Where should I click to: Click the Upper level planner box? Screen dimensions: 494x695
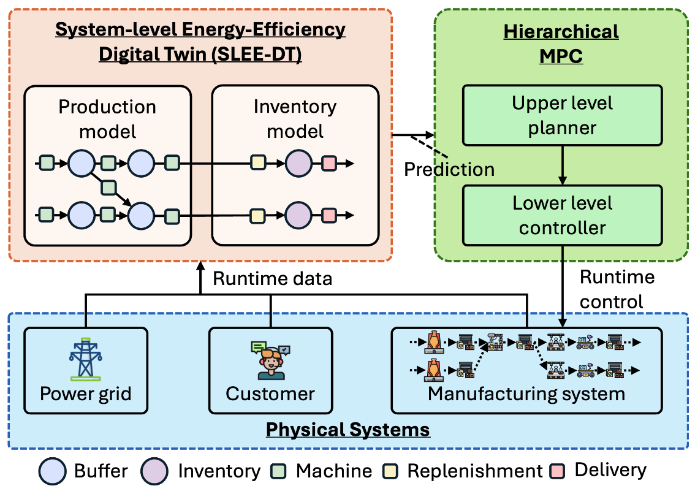pyautogui.click(x=562, y=115)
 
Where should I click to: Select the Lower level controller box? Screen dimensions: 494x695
pyautogui.click(x=562, y=215)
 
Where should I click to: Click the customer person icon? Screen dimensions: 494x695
pyautogui.click(x=270, y=361)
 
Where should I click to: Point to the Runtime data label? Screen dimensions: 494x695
pyautogui.click(x=272, y=279)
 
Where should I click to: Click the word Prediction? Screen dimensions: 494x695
pyautogui.click(x=449, y=169)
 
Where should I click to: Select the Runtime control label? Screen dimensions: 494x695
pyautogui.click(x=617, y=289)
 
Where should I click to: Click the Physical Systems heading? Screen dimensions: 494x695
pyautogui.click(x=347, y=429)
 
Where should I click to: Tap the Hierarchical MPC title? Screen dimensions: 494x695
pyautogui.click(x=561, y=44)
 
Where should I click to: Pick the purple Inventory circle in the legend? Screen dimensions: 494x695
pyautogui.click(x=156, y=471)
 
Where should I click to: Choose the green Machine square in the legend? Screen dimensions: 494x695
pyautogui.click(x=279, y=471)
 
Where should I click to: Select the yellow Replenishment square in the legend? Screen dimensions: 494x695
pyautogui.click(x=390, y=471)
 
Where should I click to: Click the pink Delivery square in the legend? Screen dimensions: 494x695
pyautogui.click(x=558, y=470)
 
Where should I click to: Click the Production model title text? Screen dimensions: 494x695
pyautogui.click(x=107, y=118)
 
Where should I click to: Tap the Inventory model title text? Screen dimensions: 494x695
pyautogui.click(x=295, y=118)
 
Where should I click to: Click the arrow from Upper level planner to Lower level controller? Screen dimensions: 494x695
pyautogui.click(x=562, y=165)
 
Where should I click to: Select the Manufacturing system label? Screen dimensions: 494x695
pyautogui.click(x=526, y=393)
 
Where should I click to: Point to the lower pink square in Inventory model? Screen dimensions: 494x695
pyautogui.click(x=329, y=215)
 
